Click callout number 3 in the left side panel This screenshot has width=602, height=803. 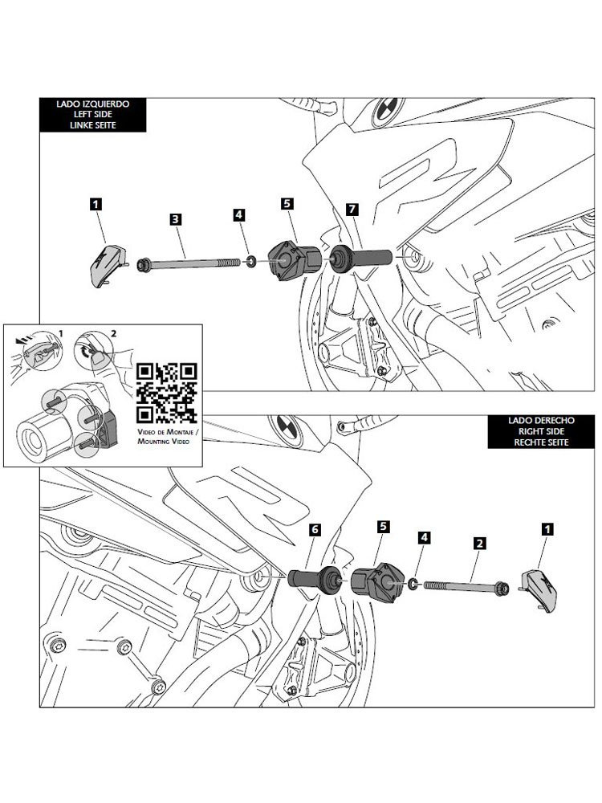pyautogui.click(x=174, y=218)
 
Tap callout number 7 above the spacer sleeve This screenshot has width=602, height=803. pyautogui.click(x=351, y=209)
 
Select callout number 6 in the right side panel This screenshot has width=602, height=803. pyautogui.click(x=315, y=530)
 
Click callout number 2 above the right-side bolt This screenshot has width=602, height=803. pyautogui.click(x=478, y=544)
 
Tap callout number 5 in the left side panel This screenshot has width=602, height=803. pyautogui.click(x=287, y=204)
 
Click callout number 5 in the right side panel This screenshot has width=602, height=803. pyautogui.click(x=384, y=526)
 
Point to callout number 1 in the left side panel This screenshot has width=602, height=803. pyautogui.click(x=96, y=205)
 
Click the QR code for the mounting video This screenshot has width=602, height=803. pyautogui.click(x=167, y=393)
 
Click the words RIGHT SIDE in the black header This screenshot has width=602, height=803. pyautogui.click(x=526, y=430)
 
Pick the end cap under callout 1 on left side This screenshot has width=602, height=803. pyautogui.click(x=104, y=263)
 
